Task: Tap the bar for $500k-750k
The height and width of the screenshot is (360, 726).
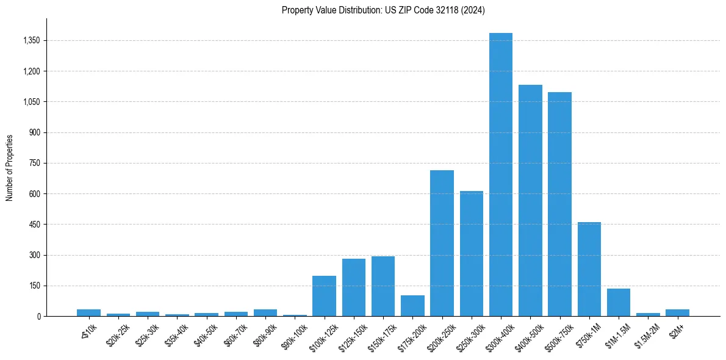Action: point(559,204)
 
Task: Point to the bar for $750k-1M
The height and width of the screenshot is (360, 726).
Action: point(589,269)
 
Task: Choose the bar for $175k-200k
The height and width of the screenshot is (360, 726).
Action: point(412,306)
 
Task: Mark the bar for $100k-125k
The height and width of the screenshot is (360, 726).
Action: point(324,296)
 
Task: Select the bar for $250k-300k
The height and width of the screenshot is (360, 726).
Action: point(472,253)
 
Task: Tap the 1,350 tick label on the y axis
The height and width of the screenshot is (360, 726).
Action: point(30,41)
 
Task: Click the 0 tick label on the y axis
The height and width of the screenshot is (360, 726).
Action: point(38,317)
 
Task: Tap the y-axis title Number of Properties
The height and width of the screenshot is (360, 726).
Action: point(9,167)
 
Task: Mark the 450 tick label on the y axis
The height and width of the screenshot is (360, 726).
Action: point(34,225)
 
